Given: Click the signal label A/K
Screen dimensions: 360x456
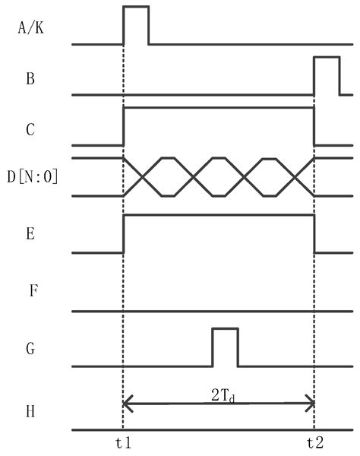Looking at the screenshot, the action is coord(31,29).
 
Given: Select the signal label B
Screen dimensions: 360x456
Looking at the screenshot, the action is coord(30,78).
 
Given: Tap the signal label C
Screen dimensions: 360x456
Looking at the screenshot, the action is coord(30,129).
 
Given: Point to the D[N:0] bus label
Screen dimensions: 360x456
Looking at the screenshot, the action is coord(32,176).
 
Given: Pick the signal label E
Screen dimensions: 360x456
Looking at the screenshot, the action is coord(30,233).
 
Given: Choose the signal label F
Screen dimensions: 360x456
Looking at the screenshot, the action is coord(33,290).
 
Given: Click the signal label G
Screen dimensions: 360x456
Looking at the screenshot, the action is coord(30,348).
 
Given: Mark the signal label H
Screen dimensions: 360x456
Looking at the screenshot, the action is coord(30,411).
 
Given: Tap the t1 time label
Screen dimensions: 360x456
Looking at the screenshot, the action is coord(124,443).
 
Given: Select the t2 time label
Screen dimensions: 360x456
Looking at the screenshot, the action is coord(315,443).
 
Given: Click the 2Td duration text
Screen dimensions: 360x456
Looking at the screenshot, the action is coord(223,396).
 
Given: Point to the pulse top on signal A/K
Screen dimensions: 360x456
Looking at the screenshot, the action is coord(136,6).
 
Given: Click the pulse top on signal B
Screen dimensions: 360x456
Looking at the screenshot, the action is coord(327,57).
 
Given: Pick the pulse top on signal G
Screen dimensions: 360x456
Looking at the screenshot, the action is coord(226,328).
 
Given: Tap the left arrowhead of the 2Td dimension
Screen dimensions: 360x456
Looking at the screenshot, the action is coord(127,404).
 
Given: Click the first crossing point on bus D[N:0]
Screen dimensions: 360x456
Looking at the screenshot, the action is coord(142,177).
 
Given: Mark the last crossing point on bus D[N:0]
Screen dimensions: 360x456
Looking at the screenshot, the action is coord(295,177).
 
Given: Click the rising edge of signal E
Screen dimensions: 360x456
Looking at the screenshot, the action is coord(124,234).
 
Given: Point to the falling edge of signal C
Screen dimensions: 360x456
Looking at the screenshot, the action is coord(314,126).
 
